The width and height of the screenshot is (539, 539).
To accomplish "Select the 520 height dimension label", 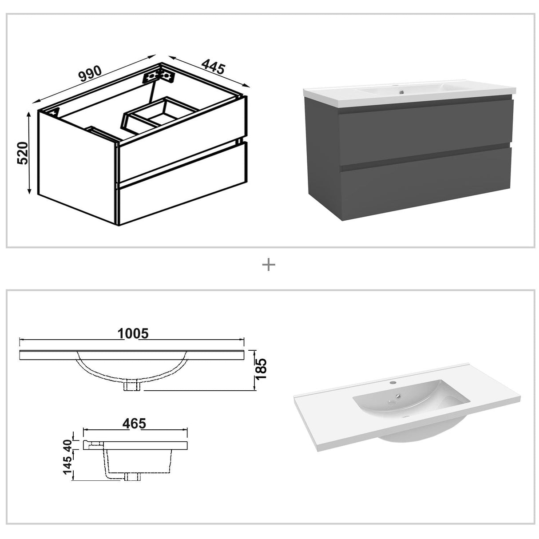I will click(x=23, y=153).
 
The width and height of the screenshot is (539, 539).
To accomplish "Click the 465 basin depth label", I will click(x=134, y=424).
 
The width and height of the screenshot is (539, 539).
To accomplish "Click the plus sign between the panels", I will click(x=269, y=265).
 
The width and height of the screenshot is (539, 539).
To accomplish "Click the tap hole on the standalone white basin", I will click(x=393, y=382).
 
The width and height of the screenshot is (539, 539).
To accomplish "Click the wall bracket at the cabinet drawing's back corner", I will click(x=159, y=75).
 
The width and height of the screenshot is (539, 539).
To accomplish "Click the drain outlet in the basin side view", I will click(x=132, y=477).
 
